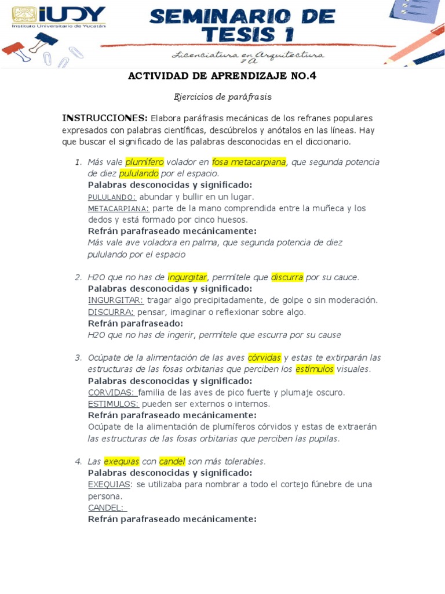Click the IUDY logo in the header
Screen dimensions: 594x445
(x=59, y=17)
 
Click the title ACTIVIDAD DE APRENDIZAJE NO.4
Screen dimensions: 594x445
(x=222, y=75)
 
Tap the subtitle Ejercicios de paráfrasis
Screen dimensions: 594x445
(x=222, y=97)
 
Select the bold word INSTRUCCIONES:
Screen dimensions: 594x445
(x=105, y=118)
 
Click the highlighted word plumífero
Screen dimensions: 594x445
(x=144, y=162)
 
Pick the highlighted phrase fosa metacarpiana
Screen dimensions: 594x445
(x=249, y=162)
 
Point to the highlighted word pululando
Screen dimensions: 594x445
(x=139, y=173)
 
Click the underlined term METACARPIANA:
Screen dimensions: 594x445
(x=119, y=208)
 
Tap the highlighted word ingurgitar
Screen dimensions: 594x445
(x=187, y=277)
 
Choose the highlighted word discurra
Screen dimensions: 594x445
(x=287, y=277)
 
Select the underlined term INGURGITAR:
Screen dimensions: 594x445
(x=116, y=300)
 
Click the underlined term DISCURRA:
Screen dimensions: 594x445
(x=111, y=312)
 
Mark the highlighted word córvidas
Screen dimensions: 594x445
(x=264, y=358)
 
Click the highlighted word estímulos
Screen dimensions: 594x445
(x=315, y=370)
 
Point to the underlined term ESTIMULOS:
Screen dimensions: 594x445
(x=114, y=404)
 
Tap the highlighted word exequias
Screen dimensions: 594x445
(x=122, y=462)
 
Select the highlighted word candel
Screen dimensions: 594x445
(x=172, y=462)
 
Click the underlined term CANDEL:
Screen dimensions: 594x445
(x=107, y=508)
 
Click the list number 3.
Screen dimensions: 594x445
(x=78, y=358)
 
